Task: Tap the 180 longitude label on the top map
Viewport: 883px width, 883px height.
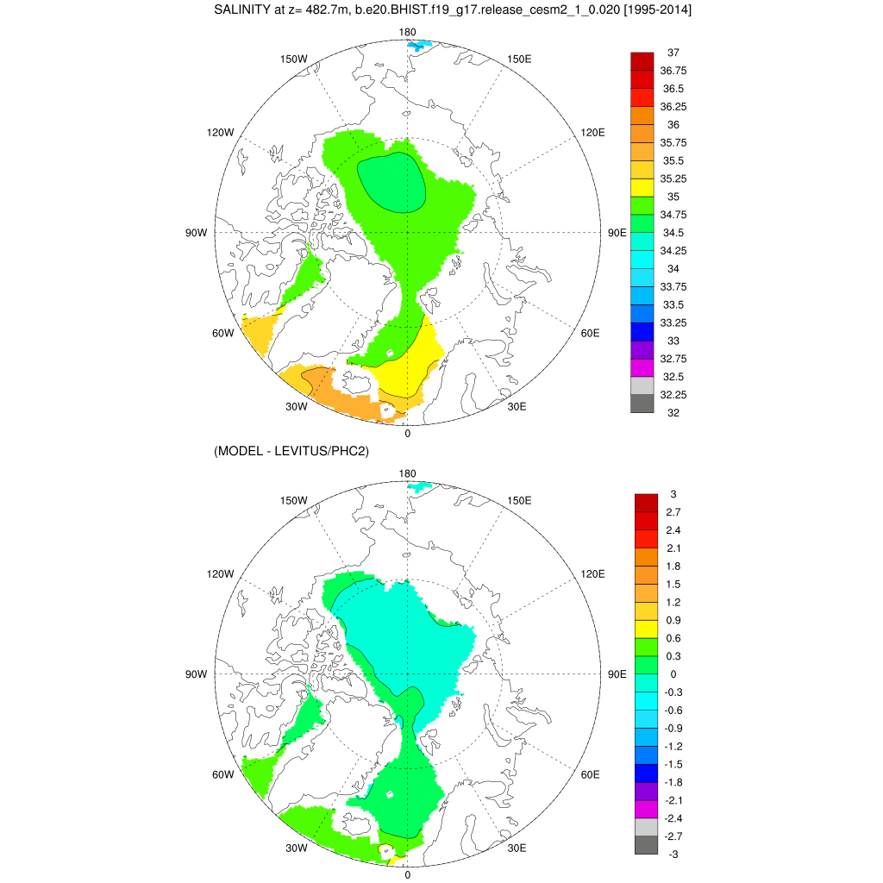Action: click(407, 33)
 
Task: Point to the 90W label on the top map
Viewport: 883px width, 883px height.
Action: click(197, 233)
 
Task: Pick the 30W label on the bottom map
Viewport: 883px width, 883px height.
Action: click(297, 849)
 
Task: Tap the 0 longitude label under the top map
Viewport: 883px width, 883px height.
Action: click(407, 434)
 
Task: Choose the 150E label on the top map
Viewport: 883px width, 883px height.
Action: click(519, 59)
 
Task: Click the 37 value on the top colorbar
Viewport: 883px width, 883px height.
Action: click(673, 53)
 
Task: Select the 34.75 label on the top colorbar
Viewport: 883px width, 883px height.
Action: click(673, 214)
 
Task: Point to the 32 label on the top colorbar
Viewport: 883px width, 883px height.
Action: click(673, 412)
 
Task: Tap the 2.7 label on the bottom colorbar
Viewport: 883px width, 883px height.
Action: click(674, 511)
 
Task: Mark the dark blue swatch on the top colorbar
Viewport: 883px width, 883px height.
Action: click(642, 331)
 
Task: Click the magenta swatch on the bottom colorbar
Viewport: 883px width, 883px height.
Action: click(646, 810)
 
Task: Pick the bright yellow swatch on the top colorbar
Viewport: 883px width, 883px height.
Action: click(642, 187)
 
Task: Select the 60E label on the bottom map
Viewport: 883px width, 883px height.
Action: click(591, 774)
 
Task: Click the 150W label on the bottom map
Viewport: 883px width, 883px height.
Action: click(295, 501)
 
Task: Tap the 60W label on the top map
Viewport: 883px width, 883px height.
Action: click(223, 334)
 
